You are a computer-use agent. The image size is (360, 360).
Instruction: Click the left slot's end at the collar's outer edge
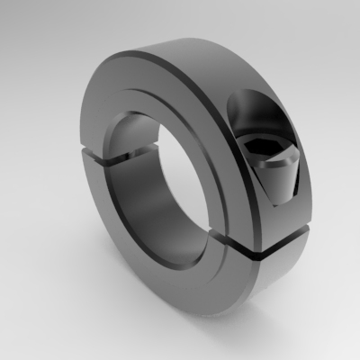pyautogui.click(x=77, y=159)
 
